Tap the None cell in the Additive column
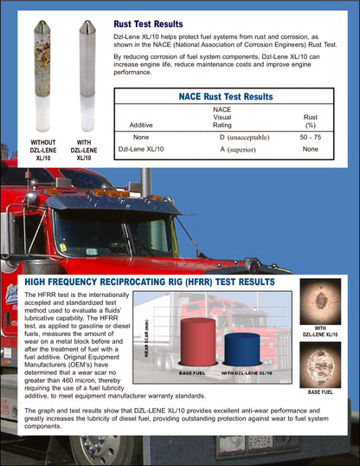pyautogui.click(x=142, y=137)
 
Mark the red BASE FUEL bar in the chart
pyautogui.click(x=197, y=341)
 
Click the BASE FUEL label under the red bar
pyautogui.click(x=191, y=372)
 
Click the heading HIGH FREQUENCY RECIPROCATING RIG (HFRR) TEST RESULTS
pyautogui.click(x=150, y=282)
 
